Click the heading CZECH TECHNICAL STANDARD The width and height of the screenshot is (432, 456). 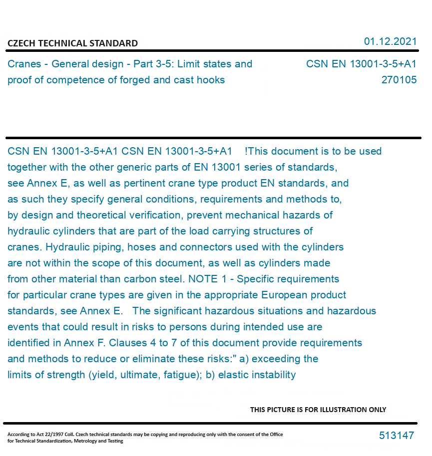[72, 43]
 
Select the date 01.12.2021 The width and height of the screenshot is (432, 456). [390, 41]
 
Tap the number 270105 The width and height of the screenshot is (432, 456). [399, 80]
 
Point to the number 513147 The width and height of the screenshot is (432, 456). [397, 436]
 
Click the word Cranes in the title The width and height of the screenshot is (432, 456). [23, 64]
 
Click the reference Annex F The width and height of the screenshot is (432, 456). [83, 343]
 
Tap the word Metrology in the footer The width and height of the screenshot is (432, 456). [83, 441]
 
